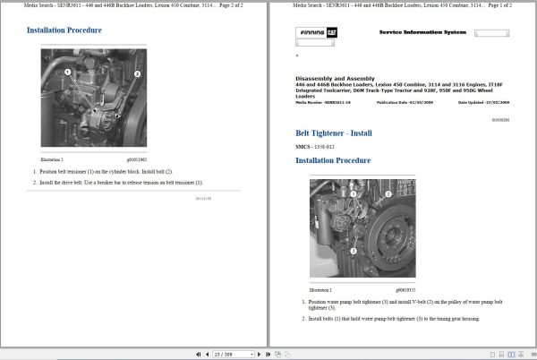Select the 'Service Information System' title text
[x=422, y=32]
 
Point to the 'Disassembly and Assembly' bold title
[x=336, y=78]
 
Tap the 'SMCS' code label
[x=303, y=147]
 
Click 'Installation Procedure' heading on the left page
[x=64, y=30]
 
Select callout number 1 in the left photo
[x=67, y=72]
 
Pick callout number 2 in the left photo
[x=137, y=73]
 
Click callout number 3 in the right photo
[x=353, y=252]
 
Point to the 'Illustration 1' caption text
[x=320, y=290]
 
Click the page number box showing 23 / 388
[x=225, y=353]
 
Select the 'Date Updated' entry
[x=480, y=103]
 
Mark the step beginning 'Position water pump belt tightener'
[x=394, y=304]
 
